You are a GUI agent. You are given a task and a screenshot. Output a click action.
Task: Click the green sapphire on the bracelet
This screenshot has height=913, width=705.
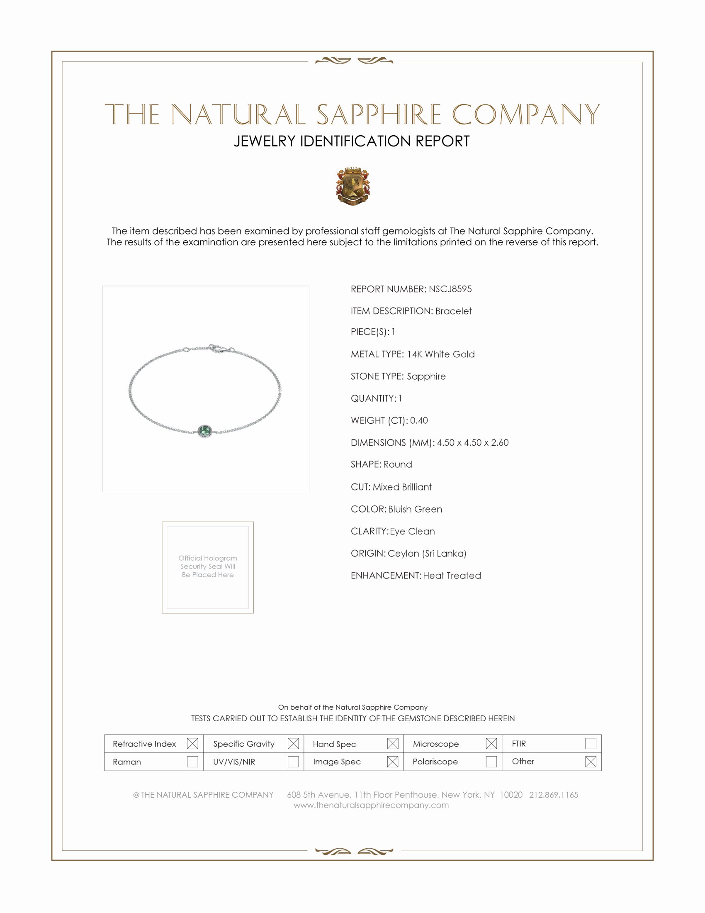[x=204, y=431]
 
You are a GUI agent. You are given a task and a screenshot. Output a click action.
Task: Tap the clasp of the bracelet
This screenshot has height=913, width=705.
[x=217, y=349]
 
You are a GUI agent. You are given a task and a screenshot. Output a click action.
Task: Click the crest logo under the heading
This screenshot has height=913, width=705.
[x=352, y=186]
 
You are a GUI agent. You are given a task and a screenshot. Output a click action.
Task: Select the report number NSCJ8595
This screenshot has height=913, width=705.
[x=450, y=289]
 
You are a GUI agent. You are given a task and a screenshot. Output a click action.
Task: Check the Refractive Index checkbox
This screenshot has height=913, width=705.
[x=192, y=743]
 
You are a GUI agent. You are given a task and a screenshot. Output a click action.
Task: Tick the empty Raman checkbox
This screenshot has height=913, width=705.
[x=192, y=761]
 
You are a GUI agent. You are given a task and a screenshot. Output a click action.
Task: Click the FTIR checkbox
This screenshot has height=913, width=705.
[x=591, y=743]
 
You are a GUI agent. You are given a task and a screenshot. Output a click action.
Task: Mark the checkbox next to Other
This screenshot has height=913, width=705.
[x=591, y=761]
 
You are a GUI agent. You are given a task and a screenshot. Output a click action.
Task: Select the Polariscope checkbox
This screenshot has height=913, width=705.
[x=491, y=761]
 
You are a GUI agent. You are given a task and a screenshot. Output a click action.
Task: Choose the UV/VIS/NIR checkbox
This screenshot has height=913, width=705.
[x=293, y=761]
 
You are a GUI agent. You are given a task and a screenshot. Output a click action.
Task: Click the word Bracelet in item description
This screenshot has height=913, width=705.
[x=453, y=311]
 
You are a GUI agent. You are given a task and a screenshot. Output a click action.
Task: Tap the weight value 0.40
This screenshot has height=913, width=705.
[x=419, y=420]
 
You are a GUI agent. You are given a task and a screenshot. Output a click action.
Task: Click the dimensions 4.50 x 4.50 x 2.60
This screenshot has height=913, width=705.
[x=472, y=442]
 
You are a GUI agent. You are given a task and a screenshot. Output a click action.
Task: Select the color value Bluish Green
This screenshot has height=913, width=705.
[x=415, y=509]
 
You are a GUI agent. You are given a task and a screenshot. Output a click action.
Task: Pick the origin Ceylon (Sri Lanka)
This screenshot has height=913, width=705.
[x=426, y=553]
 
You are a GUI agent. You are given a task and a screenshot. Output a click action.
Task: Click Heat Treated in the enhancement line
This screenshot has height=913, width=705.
[x=452, y=575]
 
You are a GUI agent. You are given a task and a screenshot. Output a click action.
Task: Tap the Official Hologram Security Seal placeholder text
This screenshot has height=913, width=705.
[x=208, y=566]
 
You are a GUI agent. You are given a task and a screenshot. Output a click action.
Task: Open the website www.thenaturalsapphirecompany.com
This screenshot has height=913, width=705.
[x=371, y=805]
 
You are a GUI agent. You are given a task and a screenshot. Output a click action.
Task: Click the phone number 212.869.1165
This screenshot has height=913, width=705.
[x=553, y=794]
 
